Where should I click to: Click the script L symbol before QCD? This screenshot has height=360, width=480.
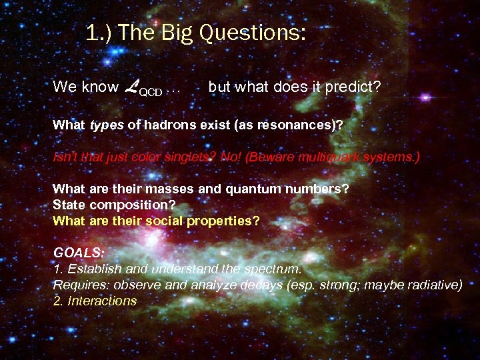[131, 86]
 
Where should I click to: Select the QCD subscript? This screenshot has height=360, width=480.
[150, 91]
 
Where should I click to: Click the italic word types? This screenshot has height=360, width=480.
[107, 125]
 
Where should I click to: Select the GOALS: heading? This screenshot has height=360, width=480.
[79, 253]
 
